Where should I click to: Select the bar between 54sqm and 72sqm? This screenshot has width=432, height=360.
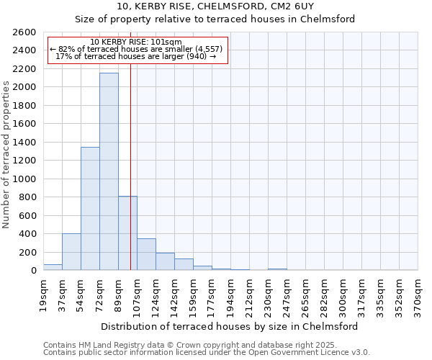[x=90, y=209]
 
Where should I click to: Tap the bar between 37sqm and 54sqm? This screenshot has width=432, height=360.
[x=71, y=252]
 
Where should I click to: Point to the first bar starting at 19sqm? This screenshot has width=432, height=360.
[x=53, y=267]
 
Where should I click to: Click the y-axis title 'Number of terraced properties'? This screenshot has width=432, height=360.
[x=6, y=155]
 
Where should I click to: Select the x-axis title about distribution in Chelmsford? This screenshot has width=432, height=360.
[x=229, y=326]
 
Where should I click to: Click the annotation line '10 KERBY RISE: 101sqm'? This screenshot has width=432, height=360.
[x=137, y=42]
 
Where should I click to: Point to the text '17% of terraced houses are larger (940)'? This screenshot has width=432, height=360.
[x=136, y=56]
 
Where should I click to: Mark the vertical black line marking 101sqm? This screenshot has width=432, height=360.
[x=130, y=166]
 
